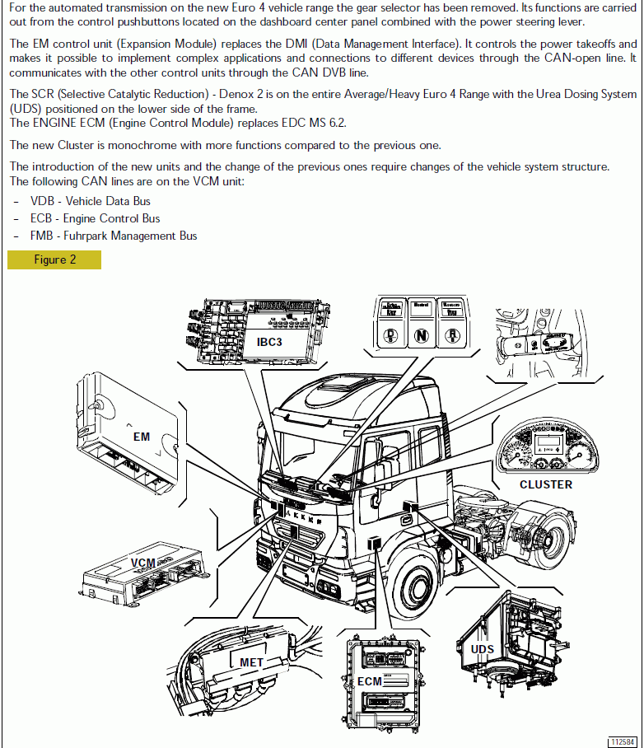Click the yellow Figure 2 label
coord(54,259)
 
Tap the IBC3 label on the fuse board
coord(269,341)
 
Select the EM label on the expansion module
coord(142,436)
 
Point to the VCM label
coord(143,563)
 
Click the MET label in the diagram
coord(252,662)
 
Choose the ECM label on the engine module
coord(370,681)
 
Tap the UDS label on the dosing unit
coord(483,649)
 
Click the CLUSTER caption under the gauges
coord(545,484)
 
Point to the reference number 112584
coord(623,741)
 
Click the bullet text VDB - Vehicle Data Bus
coord(91,201)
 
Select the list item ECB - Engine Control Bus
coord(95,218)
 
